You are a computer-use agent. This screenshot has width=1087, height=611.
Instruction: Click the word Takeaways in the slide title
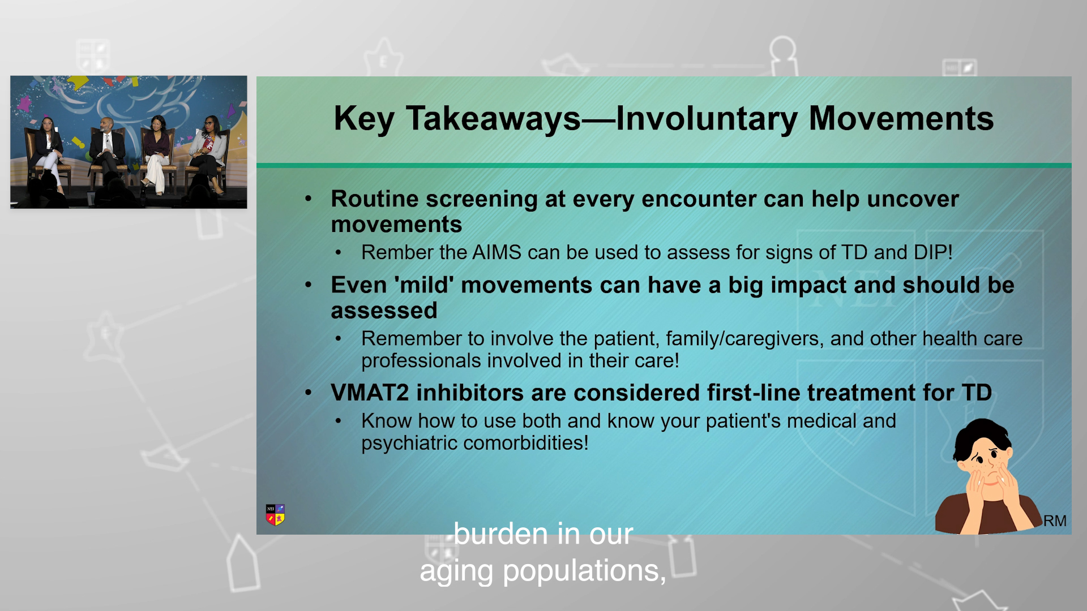point(493,119)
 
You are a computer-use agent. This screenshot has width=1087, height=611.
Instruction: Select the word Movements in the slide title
point(901,119)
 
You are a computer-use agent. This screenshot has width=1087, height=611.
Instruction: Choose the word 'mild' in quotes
point(424,285)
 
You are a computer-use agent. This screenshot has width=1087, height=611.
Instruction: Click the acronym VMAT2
point(370,393)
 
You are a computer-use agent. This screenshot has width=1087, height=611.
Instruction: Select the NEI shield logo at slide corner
point(275,515)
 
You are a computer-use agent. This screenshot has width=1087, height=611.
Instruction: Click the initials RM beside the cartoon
point(1055,520)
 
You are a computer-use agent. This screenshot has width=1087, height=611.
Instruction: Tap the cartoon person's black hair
point(981,436)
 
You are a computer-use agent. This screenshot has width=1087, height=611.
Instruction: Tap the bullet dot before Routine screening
point(309,199)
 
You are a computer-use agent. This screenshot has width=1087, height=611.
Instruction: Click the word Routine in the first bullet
point(375,199)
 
